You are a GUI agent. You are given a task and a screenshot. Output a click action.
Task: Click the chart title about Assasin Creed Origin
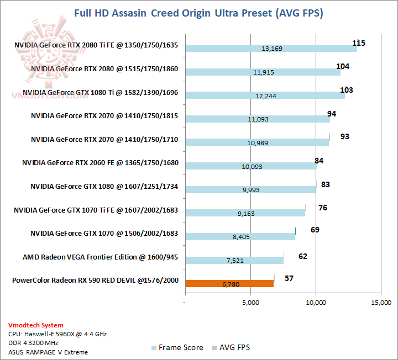(x=198, y=13)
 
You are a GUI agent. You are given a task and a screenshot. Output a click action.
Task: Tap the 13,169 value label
(x=271, y=49)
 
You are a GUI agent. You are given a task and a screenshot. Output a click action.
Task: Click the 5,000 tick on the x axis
(x=250, y=303)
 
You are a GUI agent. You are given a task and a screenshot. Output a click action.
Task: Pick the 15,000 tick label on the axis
(x=381, y=303)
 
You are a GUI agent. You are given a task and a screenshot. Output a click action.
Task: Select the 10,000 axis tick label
(x=316, y=303)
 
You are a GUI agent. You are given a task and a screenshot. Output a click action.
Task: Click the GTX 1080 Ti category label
(x=100, y=93)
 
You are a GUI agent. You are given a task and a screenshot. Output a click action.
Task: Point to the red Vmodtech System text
(x=36, y=325)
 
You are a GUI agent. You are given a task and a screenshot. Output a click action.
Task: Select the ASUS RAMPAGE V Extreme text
(x=48, y=352)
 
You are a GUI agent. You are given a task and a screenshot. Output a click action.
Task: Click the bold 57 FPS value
(x=289, y=278)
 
